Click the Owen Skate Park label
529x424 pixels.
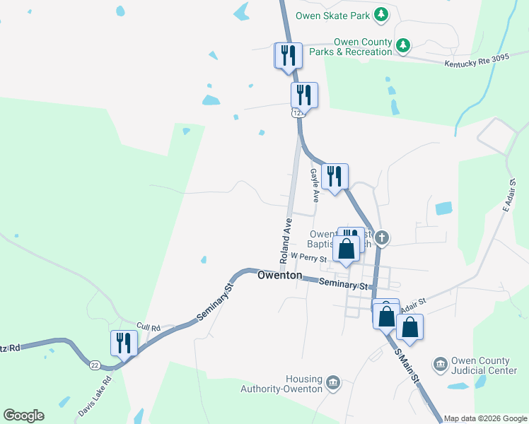(334, 14)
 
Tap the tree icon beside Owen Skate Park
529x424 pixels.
(381, 14)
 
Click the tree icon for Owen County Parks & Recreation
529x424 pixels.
(403, 46)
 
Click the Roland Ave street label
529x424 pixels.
(286, 241)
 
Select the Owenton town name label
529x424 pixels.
(280, 275)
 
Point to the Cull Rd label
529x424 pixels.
(149, 327)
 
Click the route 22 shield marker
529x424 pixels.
(95, 365)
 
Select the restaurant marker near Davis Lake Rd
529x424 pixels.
(124, 343)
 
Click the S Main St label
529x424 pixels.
(407, 365)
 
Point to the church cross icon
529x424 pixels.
(382, 237)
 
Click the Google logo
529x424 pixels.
(23, 416)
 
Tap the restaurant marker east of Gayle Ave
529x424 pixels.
(335, 177)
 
